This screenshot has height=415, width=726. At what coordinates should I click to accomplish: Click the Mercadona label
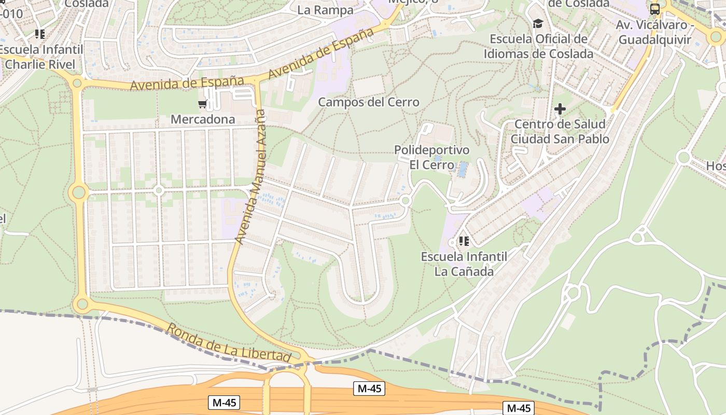coord(203,119)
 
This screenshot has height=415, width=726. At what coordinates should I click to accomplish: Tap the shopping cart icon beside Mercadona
coord(202,104)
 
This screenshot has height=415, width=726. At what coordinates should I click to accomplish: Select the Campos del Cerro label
coord(368,102)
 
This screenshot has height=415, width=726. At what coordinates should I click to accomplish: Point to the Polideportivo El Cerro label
coord(431,157)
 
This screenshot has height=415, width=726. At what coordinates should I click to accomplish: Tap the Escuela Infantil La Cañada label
coord(464,264)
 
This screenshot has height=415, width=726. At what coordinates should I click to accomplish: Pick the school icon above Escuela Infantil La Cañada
coord(464,241)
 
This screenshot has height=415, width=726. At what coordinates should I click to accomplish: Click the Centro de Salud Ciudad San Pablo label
coord(560,132)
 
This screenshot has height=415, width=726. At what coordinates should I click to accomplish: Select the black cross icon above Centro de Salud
coord(560,109)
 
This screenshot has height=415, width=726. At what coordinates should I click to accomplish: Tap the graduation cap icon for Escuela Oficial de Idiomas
coord(538,24)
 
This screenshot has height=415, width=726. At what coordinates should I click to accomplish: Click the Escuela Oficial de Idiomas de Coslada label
coord(538,46)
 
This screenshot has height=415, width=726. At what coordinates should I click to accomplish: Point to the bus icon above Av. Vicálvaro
coord(655,9)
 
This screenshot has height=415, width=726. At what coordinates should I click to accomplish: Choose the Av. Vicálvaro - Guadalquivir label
coord(654,32)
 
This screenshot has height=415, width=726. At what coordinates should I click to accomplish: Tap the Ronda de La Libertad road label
coord(228,343)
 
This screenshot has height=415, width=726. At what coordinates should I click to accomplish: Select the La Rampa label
coord(325,10)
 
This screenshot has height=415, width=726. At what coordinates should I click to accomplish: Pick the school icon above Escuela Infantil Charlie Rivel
coord(40,34)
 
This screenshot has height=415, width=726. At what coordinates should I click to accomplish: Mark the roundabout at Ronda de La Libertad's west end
coord(81,303)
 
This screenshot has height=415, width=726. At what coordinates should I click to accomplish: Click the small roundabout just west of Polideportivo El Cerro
coord(406,200)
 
